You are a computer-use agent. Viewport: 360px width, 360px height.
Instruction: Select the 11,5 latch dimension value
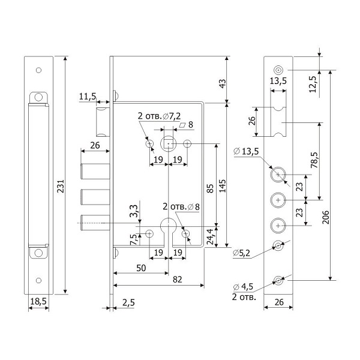tap(88, 96)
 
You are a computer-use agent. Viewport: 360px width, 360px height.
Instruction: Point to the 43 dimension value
tap(223, 83)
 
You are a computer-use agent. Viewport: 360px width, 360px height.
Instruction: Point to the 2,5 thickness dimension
tap(127, 302)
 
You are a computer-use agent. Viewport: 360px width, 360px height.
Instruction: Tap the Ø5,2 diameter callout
tap(242, 254)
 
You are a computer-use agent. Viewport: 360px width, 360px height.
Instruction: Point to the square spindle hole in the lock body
tap(169, 144)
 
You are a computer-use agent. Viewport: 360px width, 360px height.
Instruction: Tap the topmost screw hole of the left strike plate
tap(38, 70)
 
